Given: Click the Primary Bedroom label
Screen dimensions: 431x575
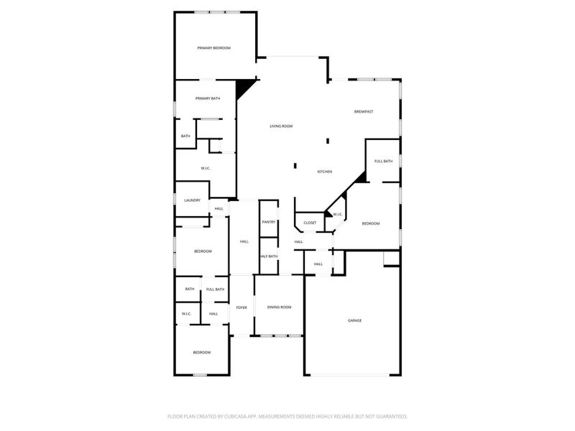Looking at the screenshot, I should tap(214, 48).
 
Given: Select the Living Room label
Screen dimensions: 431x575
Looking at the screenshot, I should tap(281, 126).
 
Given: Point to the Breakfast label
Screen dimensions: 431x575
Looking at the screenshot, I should tap(364, 111).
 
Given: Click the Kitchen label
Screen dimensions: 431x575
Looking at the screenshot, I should tap(325, 172).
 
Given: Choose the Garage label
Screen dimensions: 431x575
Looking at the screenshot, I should tap(354, 320).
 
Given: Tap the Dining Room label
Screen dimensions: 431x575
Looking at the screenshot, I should tap(280, 307).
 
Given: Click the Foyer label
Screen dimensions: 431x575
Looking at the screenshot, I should tap(242, 307).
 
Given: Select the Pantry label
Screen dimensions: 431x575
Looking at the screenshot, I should tap(269, 222).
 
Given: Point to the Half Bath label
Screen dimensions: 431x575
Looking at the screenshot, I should tap(269, 256).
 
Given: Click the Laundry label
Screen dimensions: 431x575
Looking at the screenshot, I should tap(192, 200).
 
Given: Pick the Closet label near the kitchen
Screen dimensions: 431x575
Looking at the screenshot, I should tap(310, 223).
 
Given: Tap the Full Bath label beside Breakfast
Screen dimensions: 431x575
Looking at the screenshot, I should tap(383, 161).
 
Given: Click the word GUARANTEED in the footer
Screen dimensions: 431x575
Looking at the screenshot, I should tap(388, 416).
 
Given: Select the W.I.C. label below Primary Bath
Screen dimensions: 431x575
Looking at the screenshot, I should tap(205, 169).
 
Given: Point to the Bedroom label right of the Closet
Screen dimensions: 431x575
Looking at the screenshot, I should tap(370, 223).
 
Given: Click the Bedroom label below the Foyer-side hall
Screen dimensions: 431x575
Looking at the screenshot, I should tap(202, 352).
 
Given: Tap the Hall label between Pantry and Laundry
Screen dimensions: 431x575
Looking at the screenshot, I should tap(244, 241).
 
